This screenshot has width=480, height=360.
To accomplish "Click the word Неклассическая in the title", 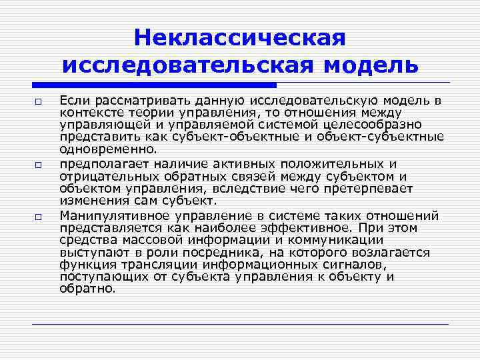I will pyautogui.click(x=240, y=38).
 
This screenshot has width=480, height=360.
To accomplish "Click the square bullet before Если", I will pyautogui.click(x=39, y=101).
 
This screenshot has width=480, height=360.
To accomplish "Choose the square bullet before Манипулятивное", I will pyautogui.click(x=39, y=216).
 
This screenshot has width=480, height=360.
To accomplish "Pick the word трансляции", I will pyautogui.click(x=149, y=265).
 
